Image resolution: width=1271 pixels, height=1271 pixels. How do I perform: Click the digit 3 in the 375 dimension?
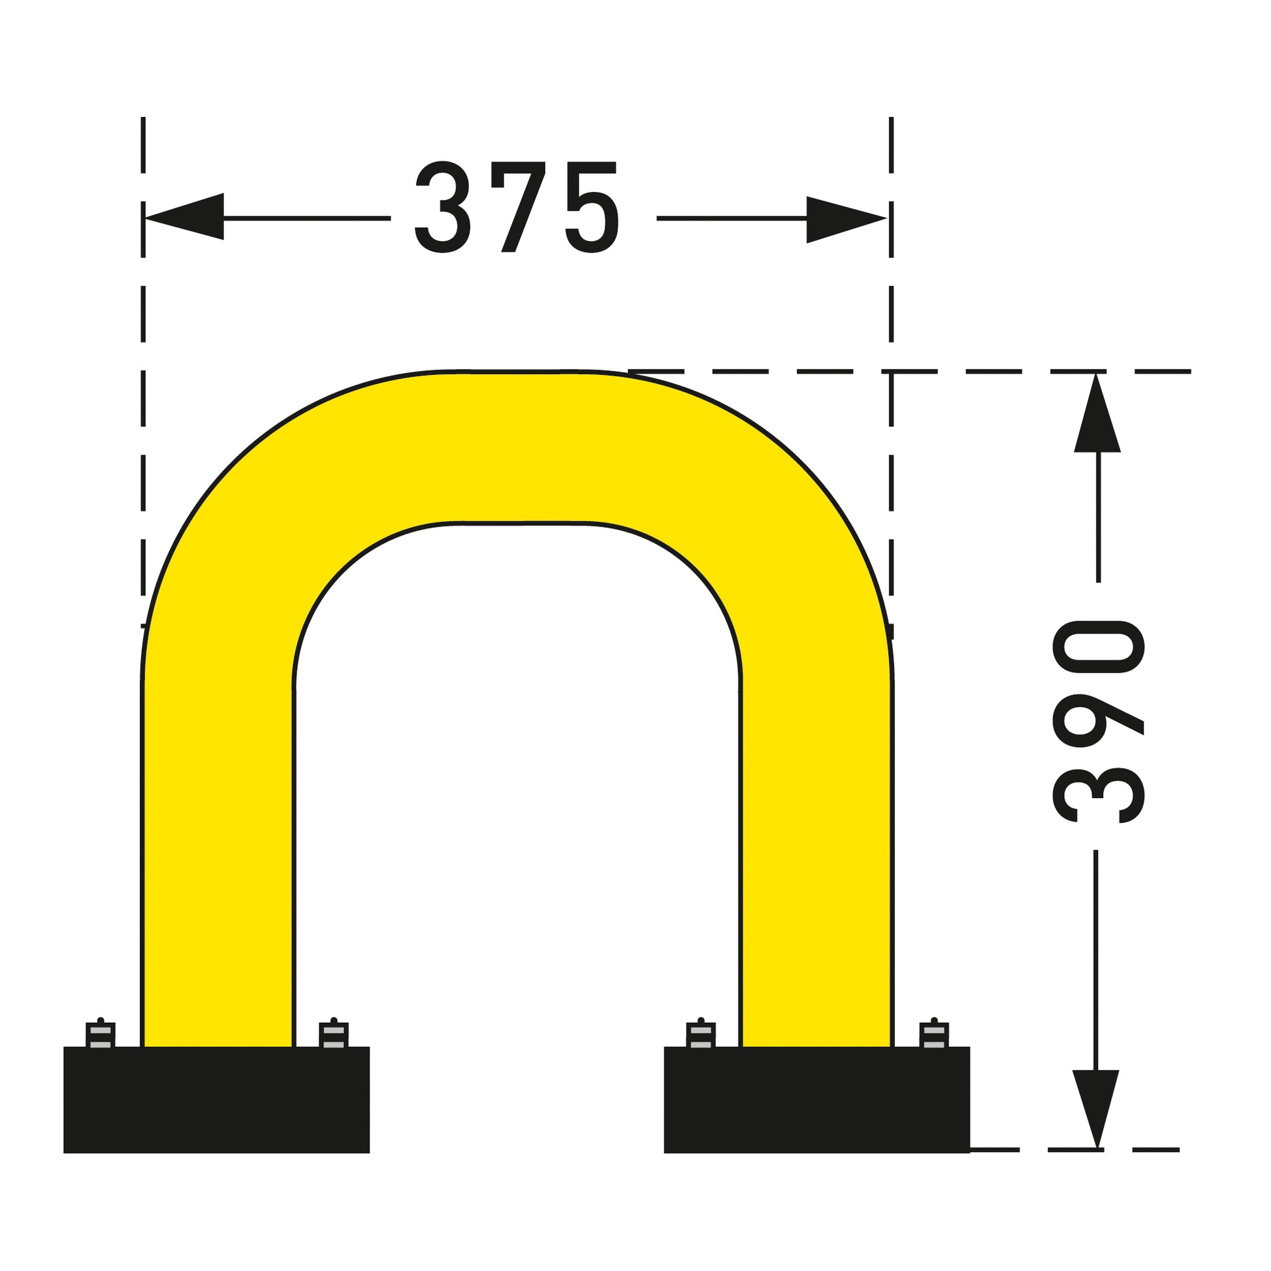click(x=443, y=206)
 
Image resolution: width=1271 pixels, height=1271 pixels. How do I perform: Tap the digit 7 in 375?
click(x=519, y=206)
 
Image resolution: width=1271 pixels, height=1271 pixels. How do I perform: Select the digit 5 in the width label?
click(x=592, y=206)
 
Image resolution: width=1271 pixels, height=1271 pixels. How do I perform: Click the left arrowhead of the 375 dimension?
click(x=184, y=216)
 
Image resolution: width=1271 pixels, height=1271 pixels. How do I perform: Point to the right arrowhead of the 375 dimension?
click(x=846, y=219)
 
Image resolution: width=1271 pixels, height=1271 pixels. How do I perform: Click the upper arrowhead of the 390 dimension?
click(x=1097, y=413)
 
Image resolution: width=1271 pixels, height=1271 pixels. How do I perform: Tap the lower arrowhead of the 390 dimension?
click(x=1096, y=1110)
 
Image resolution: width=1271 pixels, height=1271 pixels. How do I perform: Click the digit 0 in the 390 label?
click(x=1099, y=647)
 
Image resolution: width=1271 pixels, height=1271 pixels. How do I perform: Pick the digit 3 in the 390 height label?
click(x=1099, y=796)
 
